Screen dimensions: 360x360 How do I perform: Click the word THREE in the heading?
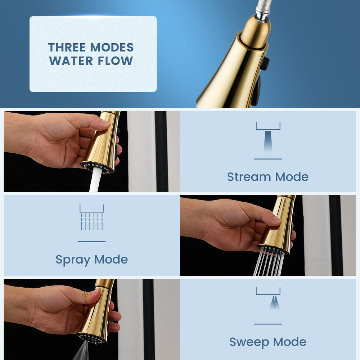click(x=67, y=47)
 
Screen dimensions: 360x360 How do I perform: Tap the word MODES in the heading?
click(x=112, y=47)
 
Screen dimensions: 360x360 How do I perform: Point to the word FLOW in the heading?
click(x=116, y=61)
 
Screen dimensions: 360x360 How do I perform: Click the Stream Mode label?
click(x=268, y=177)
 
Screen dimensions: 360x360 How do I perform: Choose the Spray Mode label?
click(x=91, y=260)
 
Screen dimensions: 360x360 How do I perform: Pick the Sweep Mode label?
click(x=268, y=342)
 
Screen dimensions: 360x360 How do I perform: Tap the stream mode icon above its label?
click(x=268, y=136)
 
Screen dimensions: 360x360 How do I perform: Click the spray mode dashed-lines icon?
click(x=92, y=217)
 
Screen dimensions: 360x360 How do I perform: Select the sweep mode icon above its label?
click(x=268, y=298)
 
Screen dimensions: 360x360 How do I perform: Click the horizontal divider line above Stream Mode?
click(x=268, y=159)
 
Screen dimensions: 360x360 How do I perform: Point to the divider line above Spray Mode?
click(x=92, y=242)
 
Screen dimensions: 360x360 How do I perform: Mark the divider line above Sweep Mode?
click(x=268, y=324)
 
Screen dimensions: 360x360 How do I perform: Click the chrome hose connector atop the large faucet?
click(x=264, y=10)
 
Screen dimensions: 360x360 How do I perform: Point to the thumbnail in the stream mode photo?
click(x=105, y=123)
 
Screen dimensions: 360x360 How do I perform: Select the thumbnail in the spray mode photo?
click(x=276, y=220)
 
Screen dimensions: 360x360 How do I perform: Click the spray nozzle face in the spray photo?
click(x=272, y=249)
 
